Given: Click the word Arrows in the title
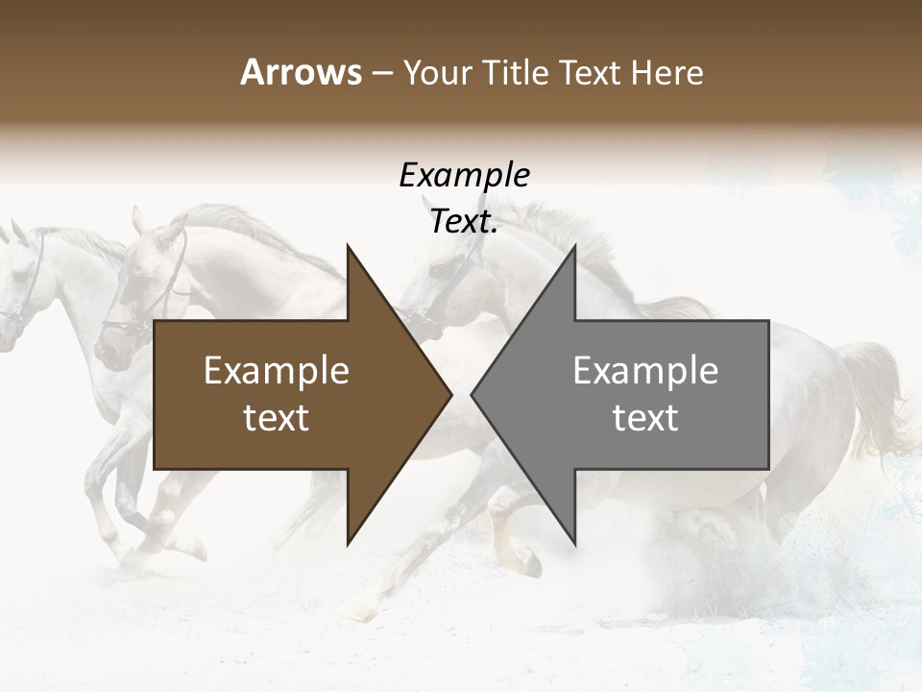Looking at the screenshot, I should (301, 72).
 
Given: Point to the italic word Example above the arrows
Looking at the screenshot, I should (464, 175).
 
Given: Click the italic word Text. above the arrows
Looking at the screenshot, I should (464, 222).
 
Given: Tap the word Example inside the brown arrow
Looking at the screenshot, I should (277, 371).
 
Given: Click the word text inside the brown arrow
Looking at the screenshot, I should (277, 418).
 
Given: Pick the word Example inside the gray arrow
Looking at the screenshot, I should (645, 371).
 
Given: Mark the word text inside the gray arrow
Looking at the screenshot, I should (645, 418).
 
